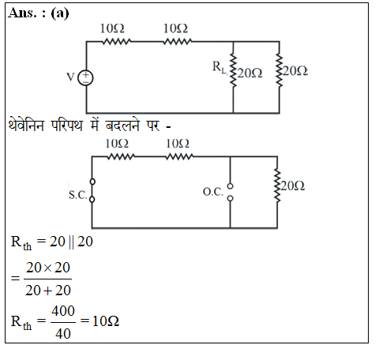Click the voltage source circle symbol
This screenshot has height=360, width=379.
pos(85,78)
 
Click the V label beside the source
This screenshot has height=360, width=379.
pos(70,77)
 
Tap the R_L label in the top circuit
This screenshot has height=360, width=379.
pos(220,67)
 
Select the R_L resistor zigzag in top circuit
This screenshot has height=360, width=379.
pos(233,70)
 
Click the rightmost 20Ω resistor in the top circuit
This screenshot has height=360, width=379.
pos(280,70)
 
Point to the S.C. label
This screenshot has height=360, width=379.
pos(77,195)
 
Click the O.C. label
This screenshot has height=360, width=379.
pos(213,192)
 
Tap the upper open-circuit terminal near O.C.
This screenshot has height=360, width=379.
pos(230,186)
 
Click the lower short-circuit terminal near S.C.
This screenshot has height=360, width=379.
pos(92,200)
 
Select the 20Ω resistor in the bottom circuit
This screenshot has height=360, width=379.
pos(277,186)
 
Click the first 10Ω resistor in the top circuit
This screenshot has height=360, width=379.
pos(117,42)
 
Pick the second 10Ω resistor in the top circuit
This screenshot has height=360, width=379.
pos(178,42)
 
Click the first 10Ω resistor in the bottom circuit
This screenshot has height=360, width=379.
pos(121,157)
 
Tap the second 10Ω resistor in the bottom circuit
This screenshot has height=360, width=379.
pos(179,157)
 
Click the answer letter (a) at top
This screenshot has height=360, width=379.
pos(60,13)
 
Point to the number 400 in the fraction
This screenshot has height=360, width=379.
pos(63,311)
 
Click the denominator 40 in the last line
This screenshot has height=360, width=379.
pos(63,333)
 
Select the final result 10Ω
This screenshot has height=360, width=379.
pos(106,321)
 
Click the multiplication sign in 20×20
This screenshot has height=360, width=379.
pos(47,268)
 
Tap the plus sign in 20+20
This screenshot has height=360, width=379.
pos(47,291)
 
